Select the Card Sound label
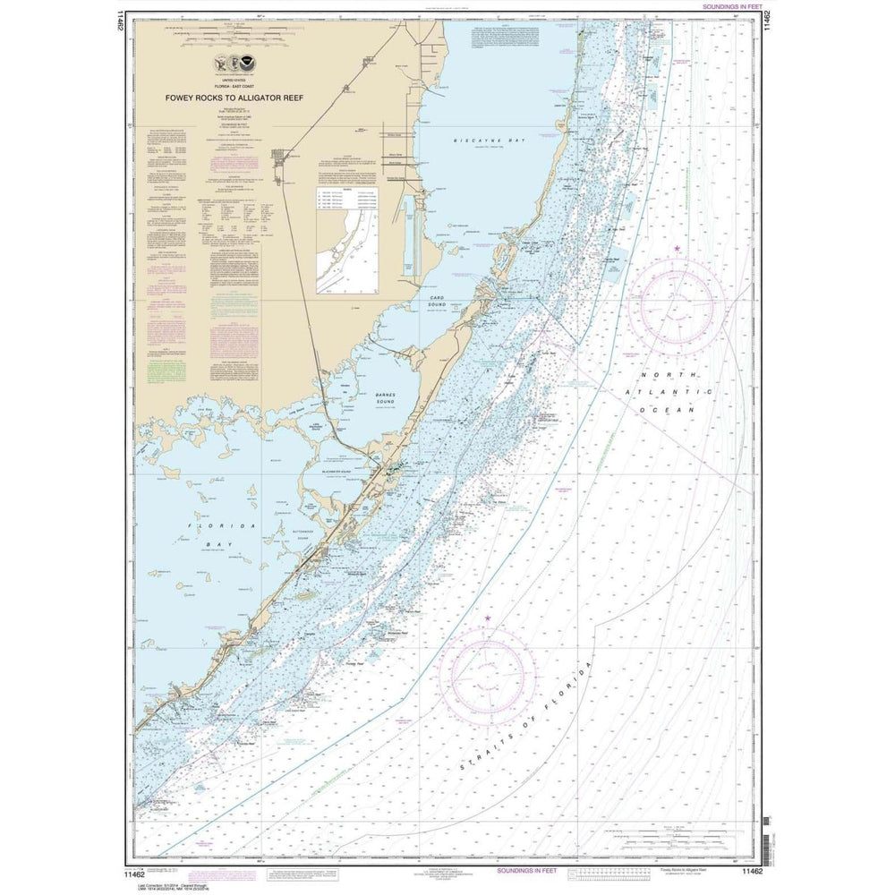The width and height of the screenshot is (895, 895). tap(437, 300)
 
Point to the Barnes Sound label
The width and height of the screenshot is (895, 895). tap(384, 399)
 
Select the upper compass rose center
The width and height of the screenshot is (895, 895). tap(677, 301)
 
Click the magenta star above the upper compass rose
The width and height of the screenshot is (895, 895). tap(677, 248)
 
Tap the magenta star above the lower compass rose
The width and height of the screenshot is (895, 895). tap(488, 618)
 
